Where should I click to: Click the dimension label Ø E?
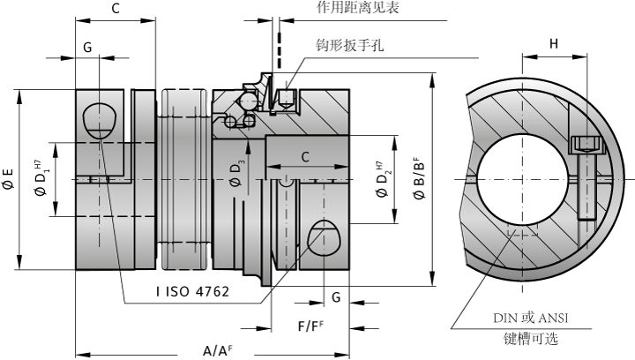(8, 178)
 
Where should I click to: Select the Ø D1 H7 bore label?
(41, 178)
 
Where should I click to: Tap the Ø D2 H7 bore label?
(383, 178)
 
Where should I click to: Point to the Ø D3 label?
(237, 173)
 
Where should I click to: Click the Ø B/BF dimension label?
(419, 177)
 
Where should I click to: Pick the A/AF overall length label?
(218, 349)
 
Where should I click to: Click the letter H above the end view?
(554, 43)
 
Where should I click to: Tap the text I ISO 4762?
(193, 291)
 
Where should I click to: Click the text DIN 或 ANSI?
(531, 318)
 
